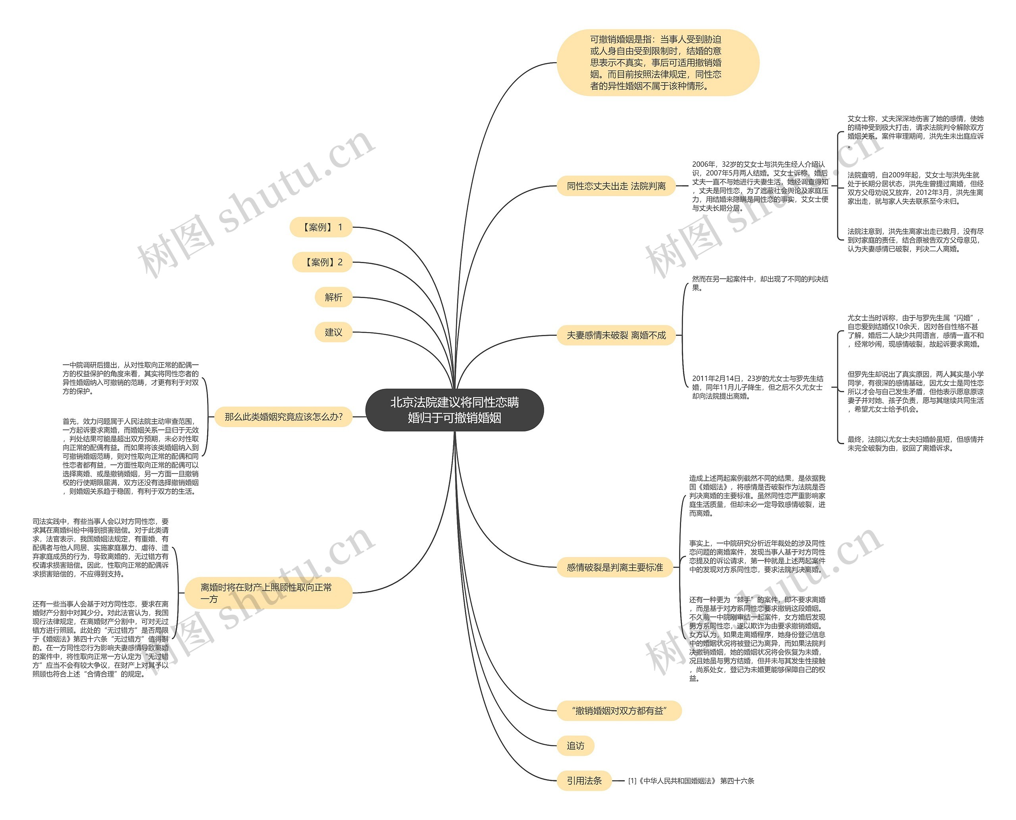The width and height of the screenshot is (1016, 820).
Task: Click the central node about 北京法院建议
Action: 454,410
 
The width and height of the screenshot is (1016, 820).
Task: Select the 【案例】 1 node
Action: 321,227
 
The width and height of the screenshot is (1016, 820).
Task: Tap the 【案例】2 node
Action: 323,262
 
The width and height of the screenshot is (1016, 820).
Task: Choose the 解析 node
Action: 333,297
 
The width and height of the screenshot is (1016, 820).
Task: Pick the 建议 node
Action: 333,332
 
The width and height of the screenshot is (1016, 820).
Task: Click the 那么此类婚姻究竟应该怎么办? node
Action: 283,417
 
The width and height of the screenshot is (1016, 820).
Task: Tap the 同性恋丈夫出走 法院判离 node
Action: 616,186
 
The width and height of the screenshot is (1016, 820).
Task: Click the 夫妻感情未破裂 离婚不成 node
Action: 616,335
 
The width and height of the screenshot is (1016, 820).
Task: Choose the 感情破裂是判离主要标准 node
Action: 615,567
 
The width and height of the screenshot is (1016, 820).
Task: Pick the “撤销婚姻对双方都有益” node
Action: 619,711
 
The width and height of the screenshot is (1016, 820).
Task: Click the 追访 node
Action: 575,746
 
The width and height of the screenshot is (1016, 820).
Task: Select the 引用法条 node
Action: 584,781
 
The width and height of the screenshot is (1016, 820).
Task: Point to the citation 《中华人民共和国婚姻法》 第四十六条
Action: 691,781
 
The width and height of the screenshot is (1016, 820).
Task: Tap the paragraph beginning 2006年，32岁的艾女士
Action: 760,186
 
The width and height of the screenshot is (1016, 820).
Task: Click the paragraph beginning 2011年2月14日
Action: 758,387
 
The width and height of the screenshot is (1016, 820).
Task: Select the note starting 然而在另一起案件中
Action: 760,283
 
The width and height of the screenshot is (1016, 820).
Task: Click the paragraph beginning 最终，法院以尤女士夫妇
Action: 915,443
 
